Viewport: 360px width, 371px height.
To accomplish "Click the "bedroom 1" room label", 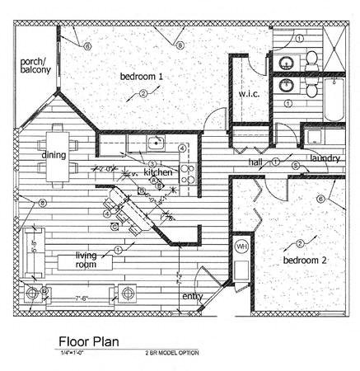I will (x=142, y=77).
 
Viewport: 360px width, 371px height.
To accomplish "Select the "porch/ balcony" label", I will (x=35, y=65).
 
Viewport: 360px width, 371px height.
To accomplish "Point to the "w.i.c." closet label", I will (x=250, y=94).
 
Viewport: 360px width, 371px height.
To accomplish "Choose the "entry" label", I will (x=192, y=296).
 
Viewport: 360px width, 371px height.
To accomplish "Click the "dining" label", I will (x=54, y=154).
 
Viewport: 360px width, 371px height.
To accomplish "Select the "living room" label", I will (x=91, y=260).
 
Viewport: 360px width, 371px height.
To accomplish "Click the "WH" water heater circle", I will (x=241, y=247).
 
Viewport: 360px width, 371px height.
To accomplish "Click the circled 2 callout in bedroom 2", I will (x=300, y=243).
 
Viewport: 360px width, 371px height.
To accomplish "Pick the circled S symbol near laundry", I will (x=295, y=166).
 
